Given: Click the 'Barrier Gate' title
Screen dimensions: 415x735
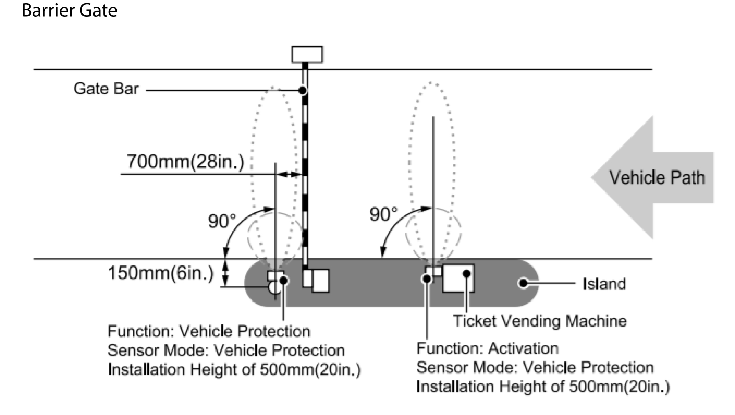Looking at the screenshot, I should pyautogui.click(x=69, y=11).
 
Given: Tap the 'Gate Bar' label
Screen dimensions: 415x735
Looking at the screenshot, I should pyautogui.click(x=106, y=89).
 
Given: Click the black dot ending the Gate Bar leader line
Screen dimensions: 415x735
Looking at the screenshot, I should pyautogui.click(x=302, y=90).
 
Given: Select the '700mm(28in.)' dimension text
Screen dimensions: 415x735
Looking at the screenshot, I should pyautogui.click(x=185, y=162).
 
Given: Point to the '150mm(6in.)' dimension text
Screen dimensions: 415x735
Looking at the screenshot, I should pyautogui.click(x=161, y=273).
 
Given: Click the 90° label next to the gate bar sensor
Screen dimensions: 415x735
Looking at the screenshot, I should pyautogui.click(x=222, y=221).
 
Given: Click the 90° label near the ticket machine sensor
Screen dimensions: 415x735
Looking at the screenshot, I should pyautogui.click(x=383, y=214).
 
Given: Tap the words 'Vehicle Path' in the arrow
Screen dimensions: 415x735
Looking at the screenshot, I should pyautogui.click(x=657, y=178).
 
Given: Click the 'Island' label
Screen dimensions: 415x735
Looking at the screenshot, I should pyautogui.click(x=604, y=284).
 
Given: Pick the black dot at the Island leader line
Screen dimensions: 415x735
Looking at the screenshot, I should pyautogui.click(x=523, y=283).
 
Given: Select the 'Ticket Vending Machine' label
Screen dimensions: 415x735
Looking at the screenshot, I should pyautogui.click(x=539, y=321).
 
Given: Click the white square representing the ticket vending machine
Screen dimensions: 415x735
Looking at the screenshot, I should pyautogui.click(x=458, y=278).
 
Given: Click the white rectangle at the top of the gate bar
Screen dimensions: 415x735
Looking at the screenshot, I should pyautogui.click(x=307, y=54).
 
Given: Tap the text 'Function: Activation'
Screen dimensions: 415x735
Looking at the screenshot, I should pyautogui.click(x=487, y=348).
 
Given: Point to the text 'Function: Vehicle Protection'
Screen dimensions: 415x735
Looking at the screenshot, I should pyautogui.click(x=209, y=331).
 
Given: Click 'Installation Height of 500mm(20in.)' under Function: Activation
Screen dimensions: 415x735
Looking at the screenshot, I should pyautogui.click(x=543, y=386).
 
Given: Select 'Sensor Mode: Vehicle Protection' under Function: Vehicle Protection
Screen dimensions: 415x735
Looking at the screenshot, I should pyautogui.click(x=226, y=350).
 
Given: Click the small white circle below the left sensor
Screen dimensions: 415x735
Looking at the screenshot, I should pyautogui.click(x=273, y=288).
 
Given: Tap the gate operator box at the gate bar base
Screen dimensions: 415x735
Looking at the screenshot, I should pyautogui.click(x=320, y=281).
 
